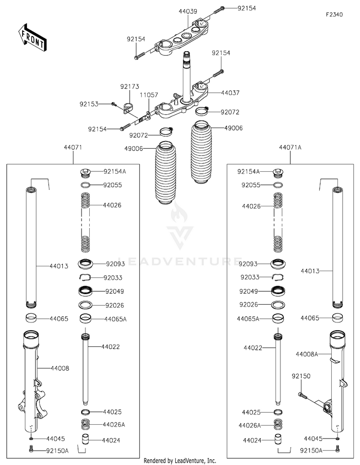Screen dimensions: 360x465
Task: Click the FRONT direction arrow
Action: pyautogui.click(x=32, y=37)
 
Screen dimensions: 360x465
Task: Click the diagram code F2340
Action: pyautogui.click(x=334, y=14)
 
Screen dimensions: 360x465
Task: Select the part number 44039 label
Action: pyautogui.click(x=188, y=11)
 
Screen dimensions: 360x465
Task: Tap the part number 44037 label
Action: pyautogui.click(x=230, y=93)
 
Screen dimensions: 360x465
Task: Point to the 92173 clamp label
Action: pyautogui.click(x=130, y=86)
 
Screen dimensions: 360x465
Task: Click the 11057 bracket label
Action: pyautogui.click(x=149, y=95)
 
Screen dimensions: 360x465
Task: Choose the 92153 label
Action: pyautogui.click(x=89, y=105)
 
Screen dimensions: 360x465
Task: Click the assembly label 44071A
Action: pyautogui.click(x=290, y=147)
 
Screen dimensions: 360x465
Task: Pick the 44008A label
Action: pyautogui.click(x=307, y=354)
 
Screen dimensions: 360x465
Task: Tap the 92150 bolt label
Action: pyautogui.click(x=301, y=376)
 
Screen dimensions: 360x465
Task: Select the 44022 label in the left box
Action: pyautogui.click(x=110, y=346)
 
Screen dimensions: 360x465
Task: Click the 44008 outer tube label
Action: pyautogui.click(x=60, y=369)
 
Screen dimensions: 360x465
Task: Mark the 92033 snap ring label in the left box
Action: pyautogui.click(x=113, y=278)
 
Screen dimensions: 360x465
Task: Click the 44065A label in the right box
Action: pyautogui.click(x=248, y=319)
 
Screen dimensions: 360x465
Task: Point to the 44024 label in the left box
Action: pyautogui.click(x=111, y=441)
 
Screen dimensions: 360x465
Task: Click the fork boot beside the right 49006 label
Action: pyautogui.click(x=201, y=153)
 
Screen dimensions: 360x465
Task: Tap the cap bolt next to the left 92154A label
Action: pyautogui.click(x=85, y=172)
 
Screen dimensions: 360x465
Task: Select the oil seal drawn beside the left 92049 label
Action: pyautogui.click(x=86, y=291)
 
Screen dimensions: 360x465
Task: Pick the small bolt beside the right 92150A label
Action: pyautogui.click(x=337, y=449)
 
